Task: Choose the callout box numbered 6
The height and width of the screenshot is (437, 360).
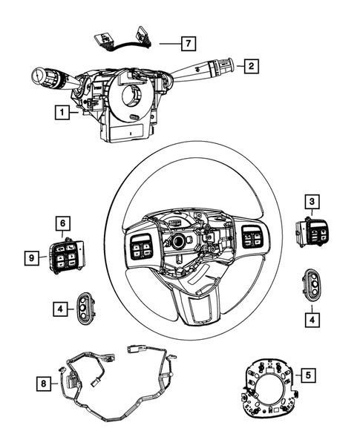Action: tap(63, 222)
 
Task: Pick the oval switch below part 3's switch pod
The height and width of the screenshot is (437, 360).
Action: tap(312, 283)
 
